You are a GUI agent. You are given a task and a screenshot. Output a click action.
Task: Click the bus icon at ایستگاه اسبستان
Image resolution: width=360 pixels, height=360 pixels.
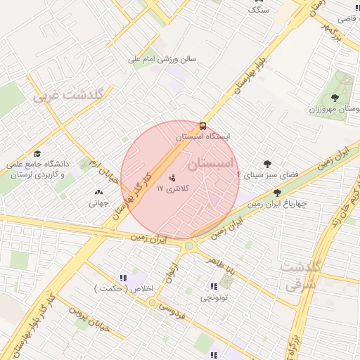click(x=203, y=126)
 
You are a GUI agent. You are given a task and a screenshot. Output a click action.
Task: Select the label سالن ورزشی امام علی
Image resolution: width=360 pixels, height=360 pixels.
click(x=162, y=60)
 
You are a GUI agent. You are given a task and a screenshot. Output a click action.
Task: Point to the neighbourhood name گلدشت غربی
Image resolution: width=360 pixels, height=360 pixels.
click(x=68, y=95)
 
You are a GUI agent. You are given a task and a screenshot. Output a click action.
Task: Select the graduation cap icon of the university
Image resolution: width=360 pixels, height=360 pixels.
click(x=37, y=153)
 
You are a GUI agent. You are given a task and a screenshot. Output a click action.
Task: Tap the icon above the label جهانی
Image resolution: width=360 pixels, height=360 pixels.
click(x=98, y=192)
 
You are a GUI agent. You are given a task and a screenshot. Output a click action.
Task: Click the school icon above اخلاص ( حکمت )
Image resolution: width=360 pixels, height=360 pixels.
click(x=124, y=278)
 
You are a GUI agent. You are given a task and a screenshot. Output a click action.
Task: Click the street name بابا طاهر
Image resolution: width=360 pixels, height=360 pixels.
click(x=219, y=265)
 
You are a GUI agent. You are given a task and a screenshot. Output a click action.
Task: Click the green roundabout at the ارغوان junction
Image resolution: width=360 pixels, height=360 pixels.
click(x=188, y=246)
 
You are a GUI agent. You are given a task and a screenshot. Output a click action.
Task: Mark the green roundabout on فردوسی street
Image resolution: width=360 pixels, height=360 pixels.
click(x=152, y=302)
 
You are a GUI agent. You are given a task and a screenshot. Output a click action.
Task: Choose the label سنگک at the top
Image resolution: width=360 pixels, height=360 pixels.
click(x=258, y=10)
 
